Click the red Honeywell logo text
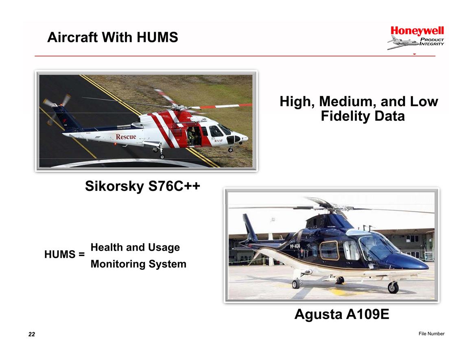tap(417, 31)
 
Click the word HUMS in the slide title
tap(157, 37)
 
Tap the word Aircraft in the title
tap(73, 37)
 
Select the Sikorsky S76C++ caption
tap(142, 186)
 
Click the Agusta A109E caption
tap(342, 314)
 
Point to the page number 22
tap(32, 334)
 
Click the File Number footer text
tap(432, 334)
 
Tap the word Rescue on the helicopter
tap(126, 137)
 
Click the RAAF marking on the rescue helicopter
tap(219, 140)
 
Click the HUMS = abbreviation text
tap(64, 254)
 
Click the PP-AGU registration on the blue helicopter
tap(295, 246)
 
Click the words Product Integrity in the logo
tap(432, 42)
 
